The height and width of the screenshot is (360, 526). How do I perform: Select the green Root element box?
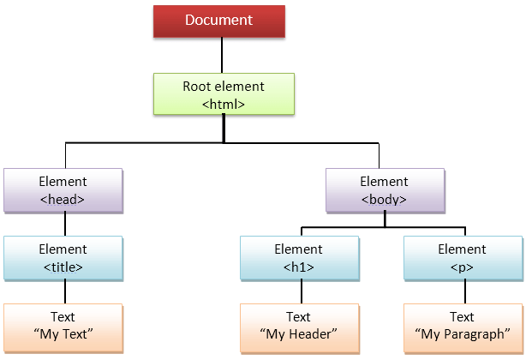tap(224, 94)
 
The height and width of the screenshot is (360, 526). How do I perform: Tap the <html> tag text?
tap(224, 104)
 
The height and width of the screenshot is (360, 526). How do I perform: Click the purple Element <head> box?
tap(64, 189)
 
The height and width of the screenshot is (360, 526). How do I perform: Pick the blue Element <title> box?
tap(64, 257)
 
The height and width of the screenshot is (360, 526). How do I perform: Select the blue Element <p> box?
tap(463, 257)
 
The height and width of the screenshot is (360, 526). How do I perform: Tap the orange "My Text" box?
tap(64, 325)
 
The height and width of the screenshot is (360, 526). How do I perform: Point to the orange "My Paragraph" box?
tap(463, 325)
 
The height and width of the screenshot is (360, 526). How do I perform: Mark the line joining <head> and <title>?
tap(64, 223)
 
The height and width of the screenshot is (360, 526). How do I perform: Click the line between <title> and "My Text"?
tap(64, 291)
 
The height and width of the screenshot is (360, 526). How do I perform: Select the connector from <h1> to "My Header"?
tap(299, 291)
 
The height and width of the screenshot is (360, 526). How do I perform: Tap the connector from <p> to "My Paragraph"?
tap(463, 291)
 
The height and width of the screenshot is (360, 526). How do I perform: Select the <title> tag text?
tap(64, 267)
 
